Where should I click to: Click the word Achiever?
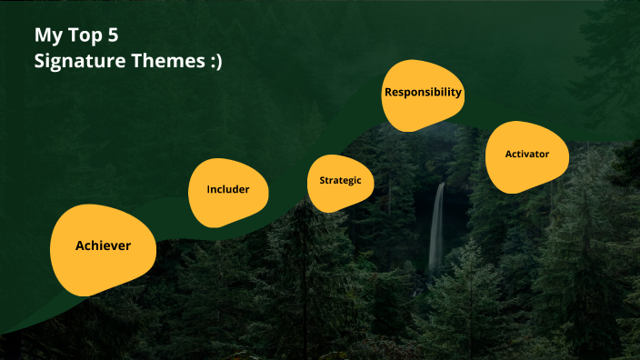pos(103,245)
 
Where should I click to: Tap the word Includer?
pos(227,190)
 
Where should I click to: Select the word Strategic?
pos(340,180)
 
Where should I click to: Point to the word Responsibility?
pos(424,92)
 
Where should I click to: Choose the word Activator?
pos(527,155)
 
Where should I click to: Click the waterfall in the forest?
pos(437,227)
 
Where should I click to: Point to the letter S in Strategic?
pos(322,180)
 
